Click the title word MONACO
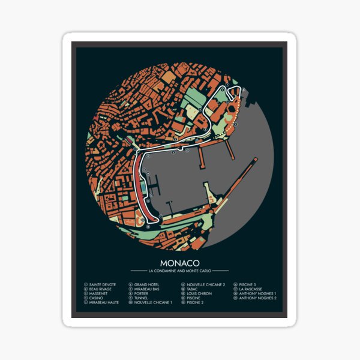click(180, 263)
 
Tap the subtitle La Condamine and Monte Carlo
click(180, 272)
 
